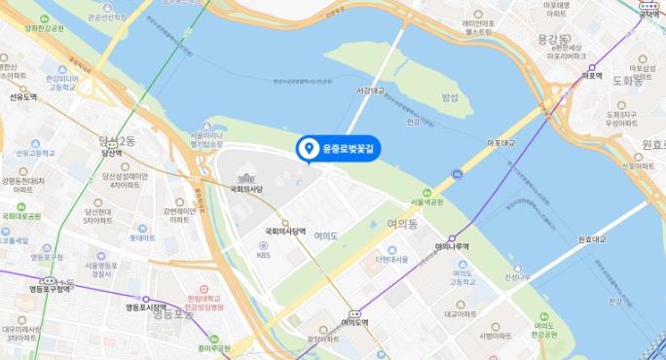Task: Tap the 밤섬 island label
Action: click(449, 97)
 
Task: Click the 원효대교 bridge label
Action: click(592, 238)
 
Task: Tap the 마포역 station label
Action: click(590, 75)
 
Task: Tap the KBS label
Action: click(263, 256)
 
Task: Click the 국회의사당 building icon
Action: click(245, 178)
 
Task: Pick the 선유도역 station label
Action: click(23, 97)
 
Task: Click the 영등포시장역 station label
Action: click(146, 308)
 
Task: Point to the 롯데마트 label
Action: click(142, 237)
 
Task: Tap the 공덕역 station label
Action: click(650, 15)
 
